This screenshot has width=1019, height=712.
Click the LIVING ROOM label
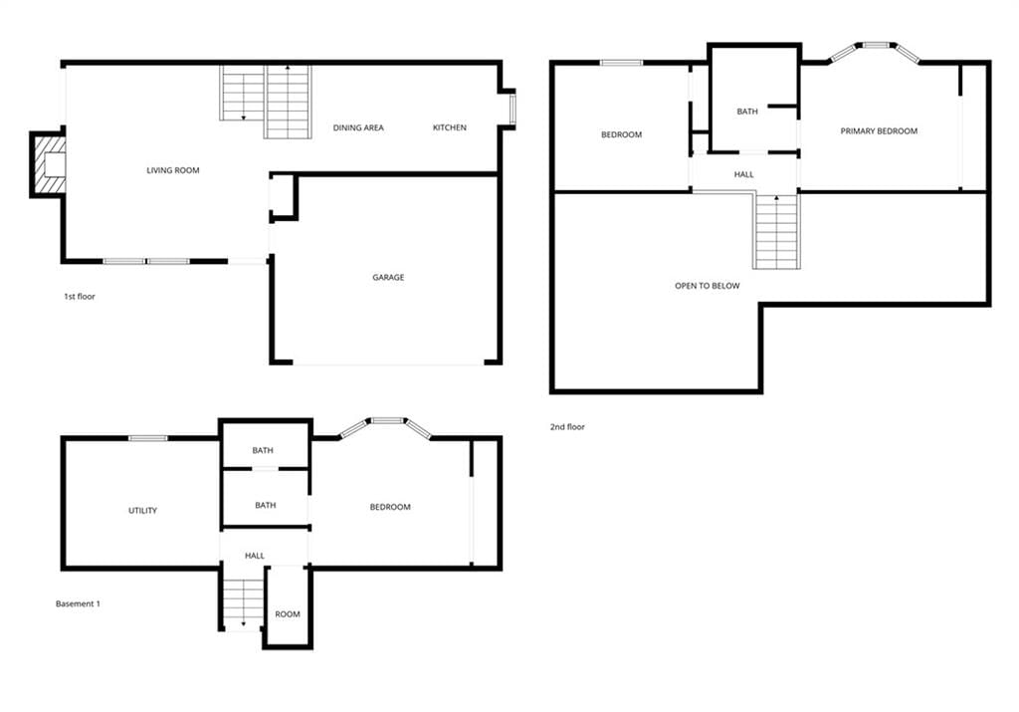click(x=173, y=170)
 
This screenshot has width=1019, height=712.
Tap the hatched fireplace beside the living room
click(x=50, y=164)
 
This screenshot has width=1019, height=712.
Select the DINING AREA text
click(x=358, y=128)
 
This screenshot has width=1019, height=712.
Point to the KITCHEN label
click(x=450, y=128)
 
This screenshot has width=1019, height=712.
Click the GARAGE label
click(x=388, y=277)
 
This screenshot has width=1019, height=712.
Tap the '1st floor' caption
click(x=80, y=297)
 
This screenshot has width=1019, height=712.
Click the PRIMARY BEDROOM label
click(x=879, y=131)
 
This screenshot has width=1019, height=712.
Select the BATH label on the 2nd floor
click(x=747, y=112)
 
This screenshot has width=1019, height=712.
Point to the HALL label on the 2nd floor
click(x=744, y=175)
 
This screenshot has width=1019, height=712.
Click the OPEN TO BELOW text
click(x=708, y=286)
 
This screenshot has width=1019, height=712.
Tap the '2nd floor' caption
click(x=567, y=427)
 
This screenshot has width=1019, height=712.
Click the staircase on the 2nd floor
click(x=776, y=231)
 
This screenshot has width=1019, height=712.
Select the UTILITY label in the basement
click(x=142, y=511)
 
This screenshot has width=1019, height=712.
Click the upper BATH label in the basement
click(x=263, y=451)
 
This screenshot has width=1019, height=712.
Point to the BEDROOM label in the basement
click(x=390, y=507)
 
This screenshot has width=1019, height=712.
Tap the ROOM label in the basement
click(x=288, y=614)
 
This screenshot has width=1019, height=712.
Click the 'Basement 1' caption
click(x=78, y=604)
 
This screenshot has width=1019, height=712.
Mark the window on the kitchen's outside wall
click(x=512, y=109)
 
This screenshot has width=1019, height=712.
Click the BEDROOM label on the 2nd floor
click(x=621, y=135)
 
